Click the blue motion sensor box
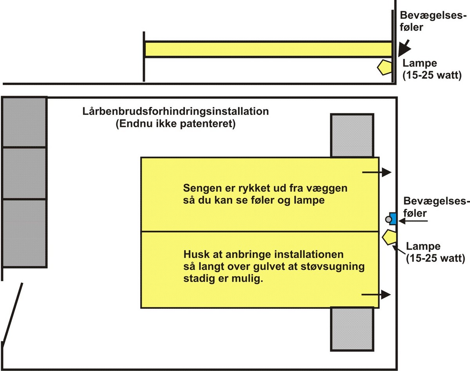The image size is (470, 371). tap(392, 218)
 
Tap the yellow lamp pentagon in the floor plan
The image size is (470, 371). tap(390, 238)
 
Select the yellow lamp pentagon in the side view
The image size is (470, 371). tap(385, 67)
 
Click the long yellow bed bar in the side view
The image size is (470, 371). tap(268, 49)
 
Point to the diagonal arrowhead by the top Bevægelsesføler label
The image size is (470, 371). tap(403, 48)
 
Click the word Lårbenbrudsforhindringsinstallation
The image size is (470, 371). tap(175, 111)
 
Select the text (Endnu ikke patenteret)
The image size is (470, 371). tap(175, 124)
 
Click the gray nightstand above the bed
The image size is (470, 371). tap(352, 136)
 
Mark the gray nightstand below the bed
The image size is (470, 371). tap(352, 328)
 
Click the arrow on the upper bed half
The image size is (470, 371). tap(376, 172)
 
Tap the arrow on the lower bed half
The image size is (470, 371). tap(376, 294)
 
